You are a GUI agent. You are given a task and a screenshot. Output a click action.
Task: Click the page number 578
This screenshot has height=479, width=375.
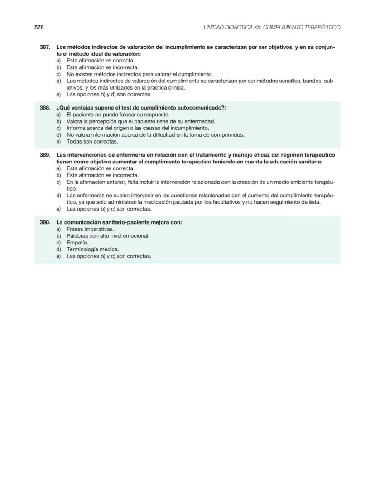(x=39, y=28)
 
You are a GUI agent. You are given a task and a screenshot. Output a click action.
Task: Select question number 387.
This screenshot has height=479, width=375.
(x=45, y=48)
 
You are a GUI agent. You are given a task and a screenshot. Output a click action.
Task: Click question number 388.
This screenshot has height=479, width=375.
(x=45, y=108)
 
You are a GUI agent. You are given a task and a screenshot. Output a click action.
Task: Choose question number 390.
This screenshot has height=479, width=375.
(x=45, y=222)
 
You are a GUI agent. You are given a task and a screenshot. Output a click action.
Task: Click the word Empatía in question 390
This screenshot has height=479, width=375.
(x=77, y=243)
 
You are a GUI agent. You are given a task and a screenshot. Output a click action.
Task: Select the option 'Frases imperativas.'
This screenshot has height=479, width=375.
(x=90, y=229)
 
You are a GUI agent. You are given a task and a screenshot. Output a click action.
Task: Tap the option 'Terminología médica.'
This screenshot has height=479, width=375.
(x=93, y=249)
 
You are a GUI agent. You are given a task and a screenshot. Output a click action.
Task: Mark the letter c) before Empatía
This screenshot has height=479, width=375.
(x=58, y=243)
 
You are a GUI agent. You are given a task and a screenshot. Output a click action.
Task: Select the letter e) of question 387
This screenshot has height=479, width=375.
(x=58, y=95)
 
